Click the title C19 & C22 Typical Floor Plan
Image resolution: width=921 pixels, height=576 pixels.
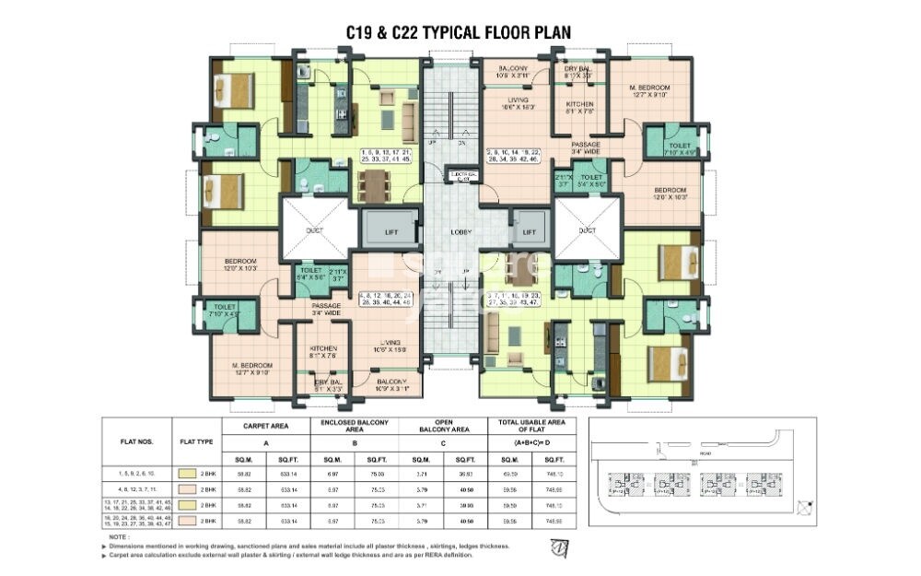click(x=458, y=32)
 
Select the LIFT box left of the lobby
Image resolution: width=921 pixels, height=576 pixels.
click(x=391, y=233)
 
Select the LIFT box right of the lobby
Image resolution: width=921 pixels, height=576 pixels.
click(x=529, y=233)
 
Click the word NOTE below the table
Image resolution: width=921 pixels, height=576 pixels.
click(x=118, y=535)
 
